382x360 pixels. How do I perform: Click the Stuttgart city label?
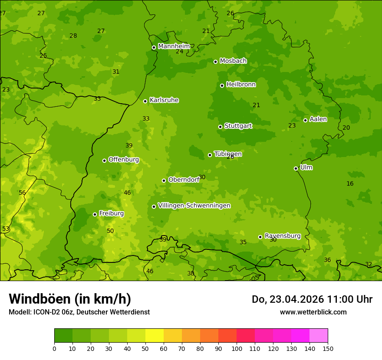[238, 126]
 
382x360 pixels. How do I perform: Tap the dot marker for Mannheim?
[154, 48]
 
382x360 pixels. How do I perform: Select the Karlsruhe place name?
[164, 100]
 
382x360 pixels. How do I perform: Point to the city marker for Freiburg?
[95, 214]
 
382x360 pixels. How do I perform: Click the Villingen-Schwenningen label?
[194, 206]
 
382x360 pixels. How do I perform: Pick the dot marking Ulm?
[296, 168]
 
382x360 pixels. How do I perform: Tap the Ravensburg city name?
[282, 236]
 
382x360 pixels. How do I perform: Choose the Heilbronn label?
[241, 85]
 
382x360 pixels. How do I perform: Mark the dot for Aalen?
[305, 120]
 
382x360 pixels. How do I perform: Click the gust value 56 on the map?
[22, 193]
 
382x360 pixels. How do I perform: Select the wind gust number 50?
[110, 231]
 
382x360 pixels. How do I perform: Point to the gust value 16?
[350, 183]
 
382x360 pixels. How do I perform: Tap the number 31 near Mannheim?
[116, 72]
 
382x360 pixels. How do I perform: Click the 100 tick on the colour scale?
[237, 348]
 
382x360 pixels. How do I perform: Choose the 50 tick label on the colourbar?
[145, 348]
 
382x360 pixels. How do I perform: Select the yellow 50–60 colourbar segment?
[155, 335]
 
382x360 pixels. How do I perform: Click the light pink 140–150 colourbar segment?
[319, 335]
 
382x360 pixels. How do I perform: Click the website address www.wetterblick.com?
[313, 312]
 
